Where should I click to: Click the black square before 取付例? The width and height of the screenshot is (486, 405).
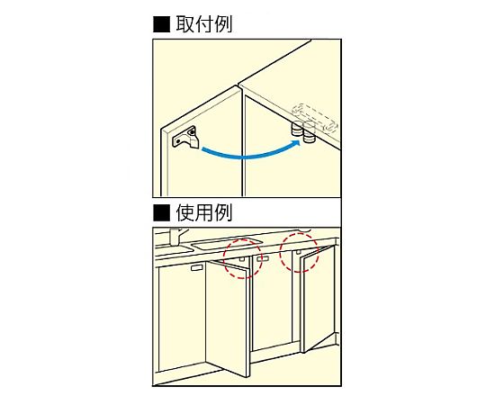pyautogui.click(x=161, y=24)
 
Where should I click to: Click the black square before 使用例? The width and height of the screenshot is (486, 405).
pyautogui.click(x=161, y=213)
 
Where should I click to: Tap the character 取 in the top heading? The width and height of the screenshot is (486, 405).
pyautogui.click(x=185, y=24)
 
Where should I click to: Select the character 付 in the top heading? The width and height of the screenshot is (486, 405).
pyautogui.click(x=204, y=24)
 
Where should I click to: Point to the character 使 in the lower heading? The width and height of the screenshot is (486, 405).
pyautogui.click(x=185, y=213)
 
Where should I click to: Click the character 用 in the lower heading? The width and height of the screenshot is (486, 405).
pyautogui.click(x=204, y=213)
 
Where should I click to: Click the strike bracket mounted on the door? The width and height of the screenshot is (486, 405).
pyautogui.click(x=185, y=138)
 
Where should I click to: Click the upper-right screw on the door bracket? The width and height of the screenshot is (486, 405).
pyautogui.click(x=193, y=132)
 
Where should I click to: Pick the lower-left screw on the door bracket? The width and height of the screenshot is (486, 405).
pyautogui.click(x=178, y=141)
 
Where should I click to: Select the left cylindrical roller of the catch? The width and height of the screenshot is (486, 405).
pyautogui.click(x=297, y=129)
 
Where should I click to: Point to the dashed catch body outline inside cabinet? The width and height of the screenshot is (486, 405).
pyautogui.click(x=315, y=117)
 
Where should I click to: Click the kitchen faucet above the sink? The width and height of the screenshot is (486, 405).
pyautogui.click(x=176, y=237)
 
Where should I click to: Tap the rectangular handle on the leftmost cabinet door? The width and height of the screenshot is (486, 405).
pyautogui.click(x=196, y=268)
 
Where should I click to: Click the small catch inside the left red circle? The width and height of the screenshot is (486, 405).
pyautogui.click(x=242, y=259)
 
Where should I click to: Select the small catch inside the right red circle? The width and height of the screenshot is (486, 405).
pyautogui.click(x=299, y=252)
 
